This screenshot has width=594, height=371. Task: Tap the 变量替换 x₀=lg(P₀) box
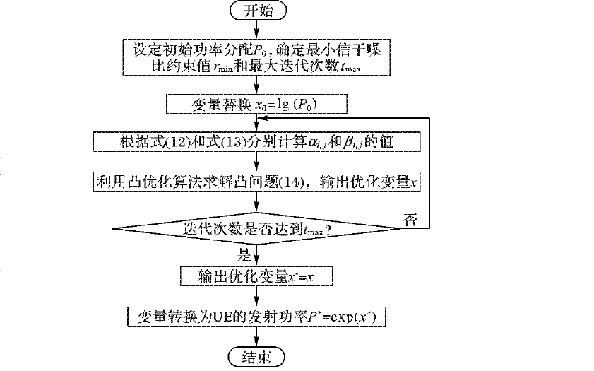point(256,105)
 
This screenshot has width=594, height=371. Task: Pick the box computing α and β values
point(256,142)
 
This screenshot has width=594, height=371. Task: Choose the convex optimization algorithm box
point(256,182)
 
